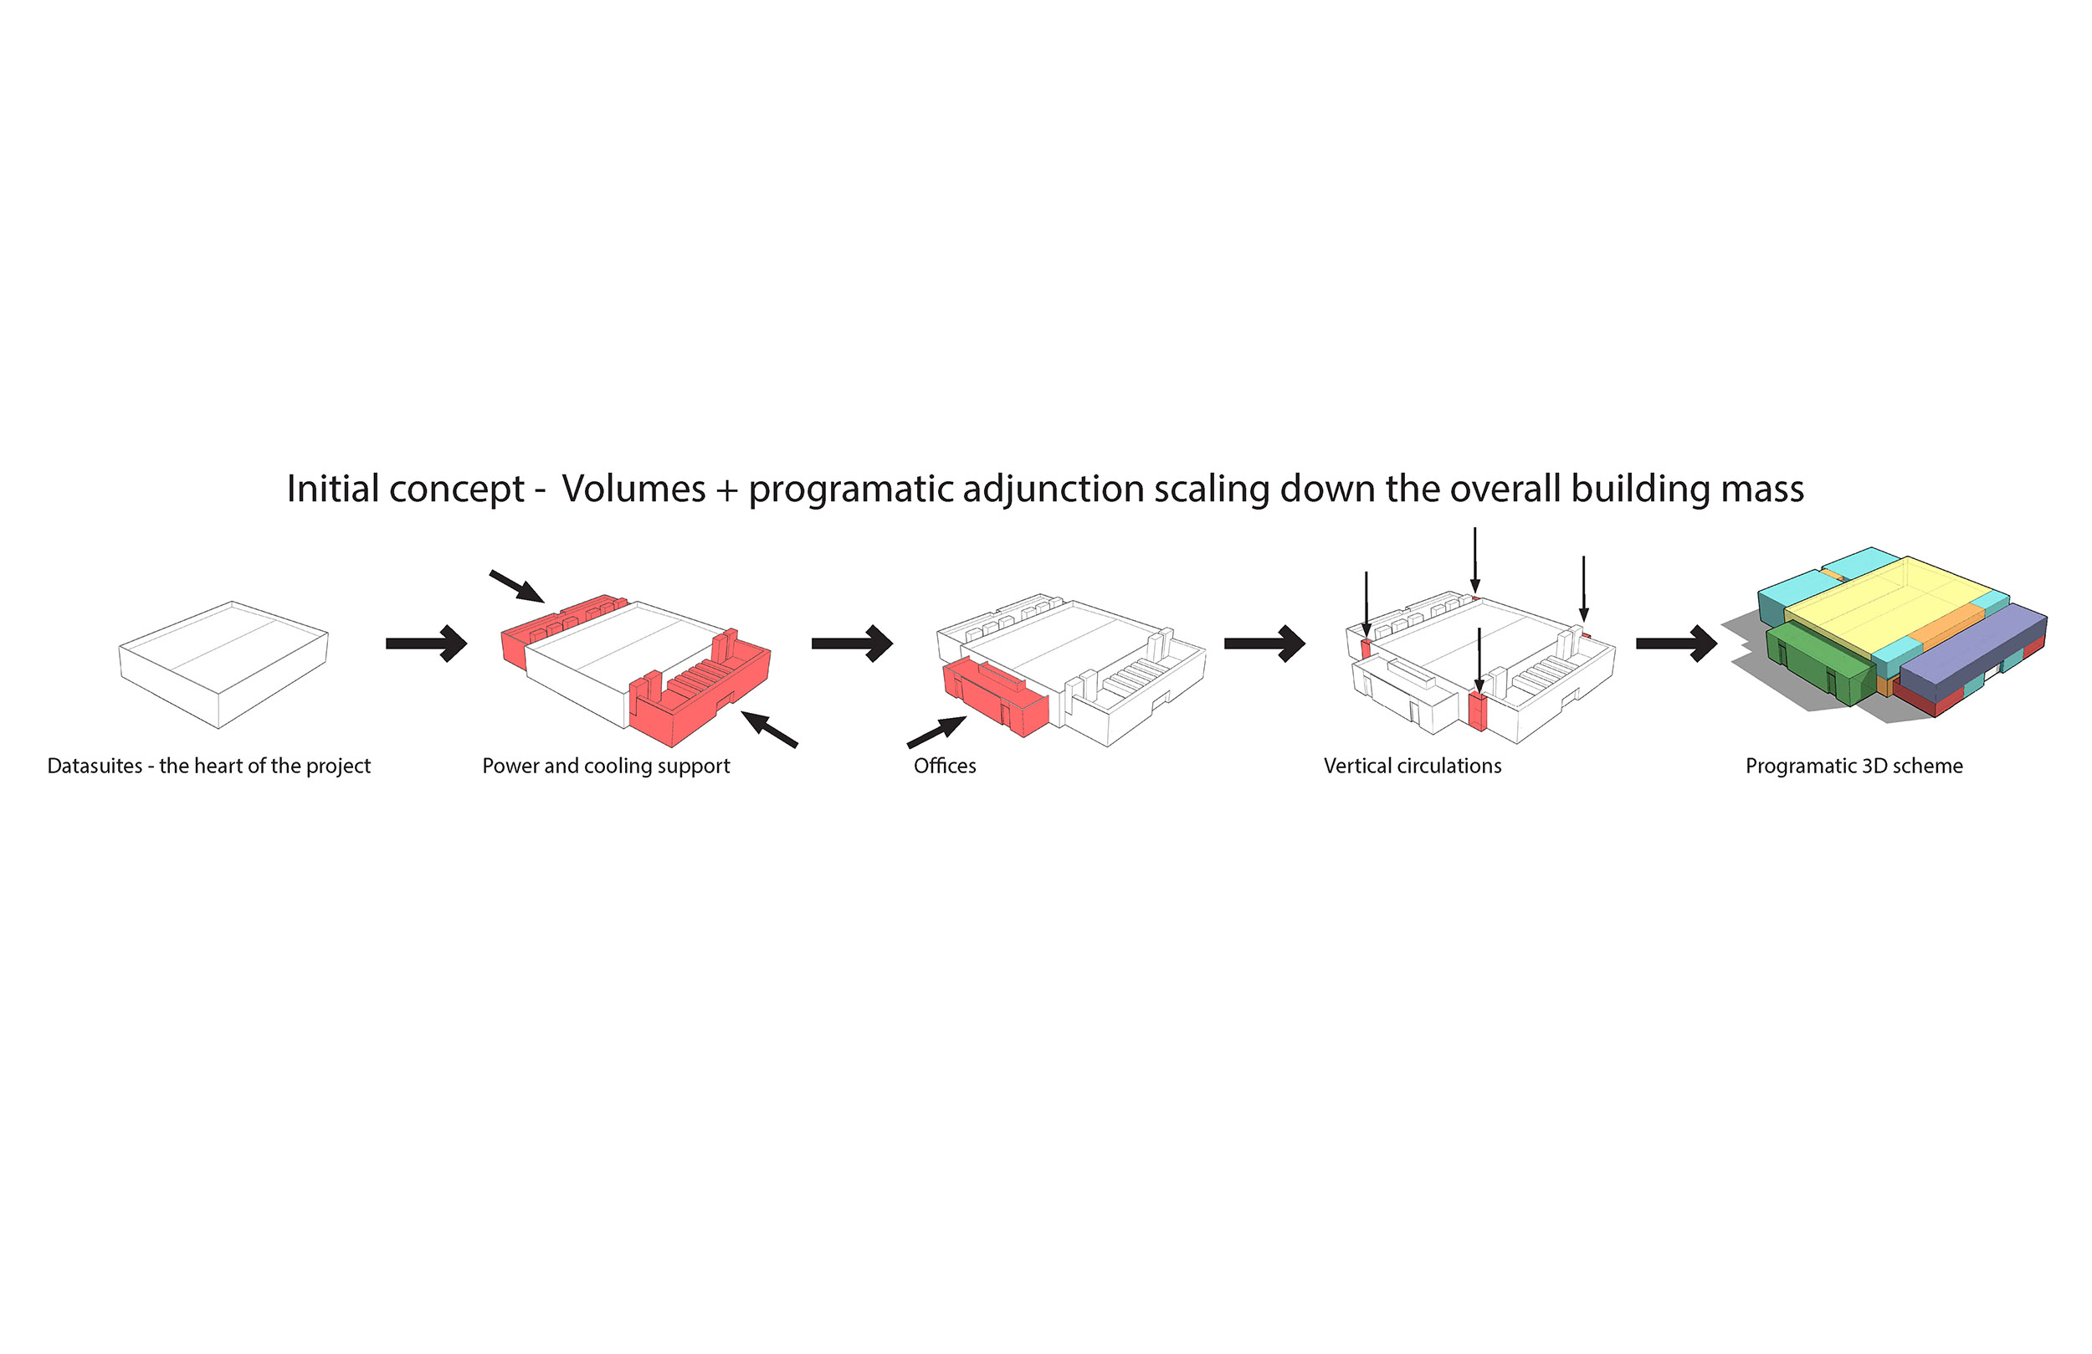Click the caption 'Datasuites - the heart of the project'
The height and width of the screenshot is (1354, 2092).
(208, 766)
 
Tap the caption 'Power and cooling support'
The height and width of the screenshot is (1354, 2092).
(606, 766)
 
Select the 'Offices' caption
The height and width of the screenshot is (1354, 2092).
(944, 766)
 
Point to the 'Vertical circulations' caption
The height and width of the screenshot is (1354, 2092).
(1412, 766)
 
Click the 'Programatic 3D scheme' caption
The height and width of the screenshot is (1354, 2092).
(1854, 766)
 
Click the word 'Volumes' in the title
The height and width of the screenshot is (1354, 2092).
(633, 489)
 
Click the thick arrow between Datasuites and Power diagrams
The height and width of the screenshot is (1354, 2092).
(426, 644)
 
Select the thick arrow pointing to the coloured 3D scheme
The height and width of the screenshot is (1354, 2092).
(1676, 644)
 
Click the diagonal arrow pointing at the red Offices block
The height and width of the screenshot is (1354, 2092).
(937, 731)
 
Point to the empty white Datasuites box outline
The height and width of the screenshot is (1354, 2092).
(223, 664)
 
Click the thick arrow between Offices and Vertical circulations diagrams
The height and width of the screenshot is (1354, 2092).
(1264, 644)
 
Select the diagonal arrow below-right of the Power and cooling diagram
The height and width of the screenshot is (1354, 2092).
(770, 729)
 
